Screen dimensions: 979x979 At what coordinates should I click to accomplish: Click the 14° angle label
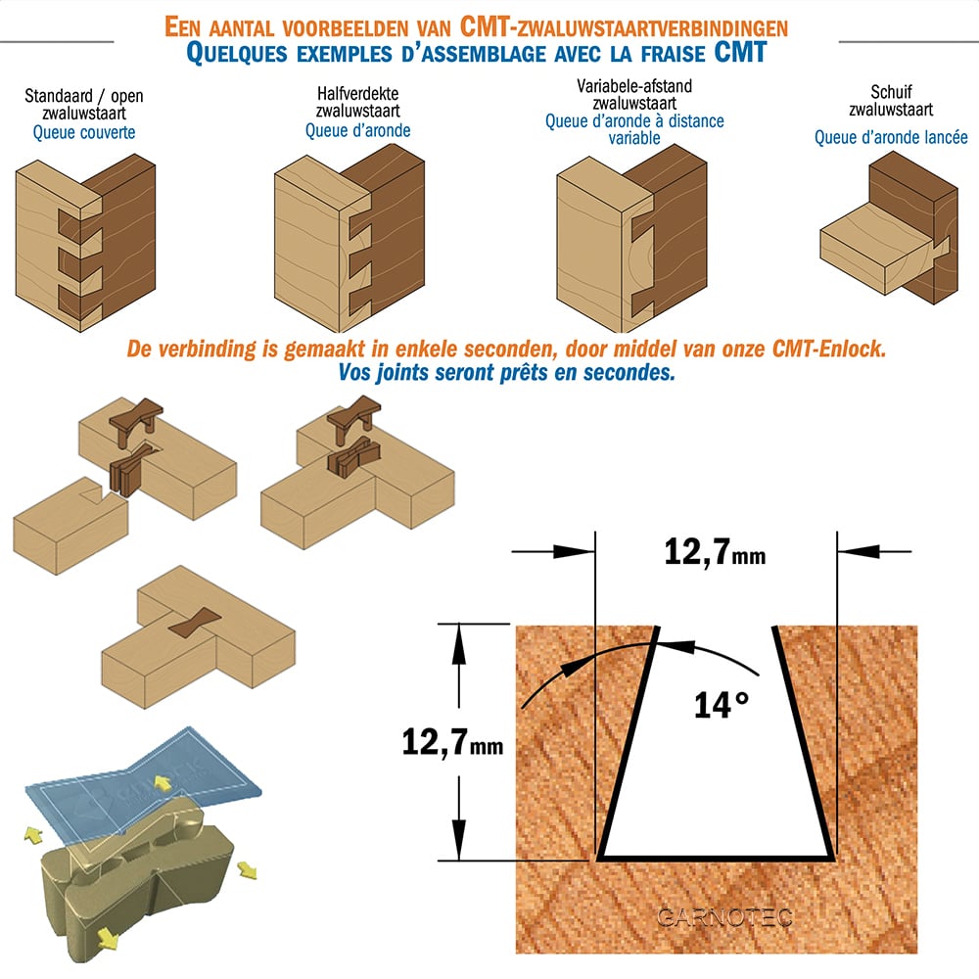(722, 706)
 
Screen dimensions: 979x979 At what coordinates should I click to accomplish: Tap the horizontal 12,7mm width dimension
(715, 552)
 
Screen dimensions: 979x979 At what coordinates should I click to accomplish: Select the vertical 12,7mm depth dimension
(452, 742)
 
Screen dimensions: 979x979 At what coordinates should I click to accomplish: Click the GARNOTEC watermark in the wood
(724, 917)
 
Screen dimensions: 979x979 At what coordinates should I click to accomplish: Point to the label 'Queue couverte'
(84, 132)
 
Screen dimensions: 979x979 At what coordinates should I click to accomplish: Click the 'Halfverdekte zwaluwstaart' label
(357, 103)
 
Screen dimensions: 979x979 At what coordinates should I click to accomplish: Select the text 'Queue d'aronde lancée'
(891, 137)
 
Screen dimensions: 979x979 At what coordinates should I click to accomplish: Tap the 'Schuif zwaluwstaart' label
(891, 101)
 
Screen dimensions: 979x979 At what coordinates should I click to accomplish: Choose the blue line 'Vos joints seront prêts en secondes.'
(506, 373)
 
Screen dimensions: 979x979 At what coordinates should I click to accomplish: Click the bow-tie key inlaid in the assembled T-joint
(194, 623)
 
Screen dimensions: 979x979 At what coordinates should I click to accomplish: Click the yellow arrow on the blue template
(163, 783)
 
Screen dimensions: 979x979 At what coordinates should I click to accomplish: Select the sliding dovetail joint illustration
(889, 228)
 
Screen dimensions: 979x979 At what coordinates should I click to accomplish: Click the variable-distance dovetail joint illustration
(631, 239)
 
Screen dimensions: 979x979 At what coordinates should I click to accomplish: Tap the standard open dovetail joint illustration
(85, 243)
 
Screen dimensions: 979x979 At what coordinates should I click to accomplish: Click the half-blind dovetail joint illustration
(350, 239)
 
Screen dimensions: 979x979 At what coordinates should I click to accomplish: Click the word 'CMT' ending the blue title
(740, 53)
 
